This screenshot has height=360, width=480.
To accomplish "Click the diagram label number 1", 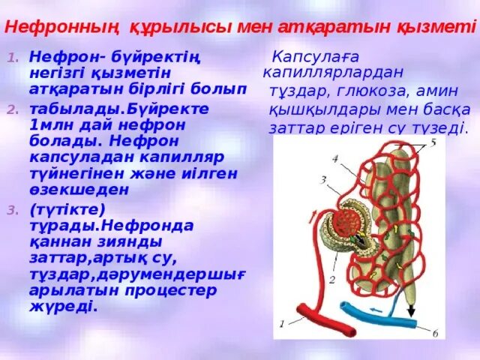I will tap(281, 324).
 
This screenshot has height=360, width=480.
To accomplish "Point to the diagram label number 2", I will tap(330, 279).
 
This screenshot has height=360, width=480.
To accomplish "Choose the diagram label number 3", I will tap(322, 180).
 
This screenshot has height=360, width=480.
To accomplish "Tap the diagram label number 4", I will tap(335, 158).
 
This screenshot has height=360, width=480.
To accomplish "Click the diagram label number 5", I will tap(433, 142).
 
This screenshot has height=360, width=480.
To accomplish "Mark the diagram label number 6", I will tap(434, 332).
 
